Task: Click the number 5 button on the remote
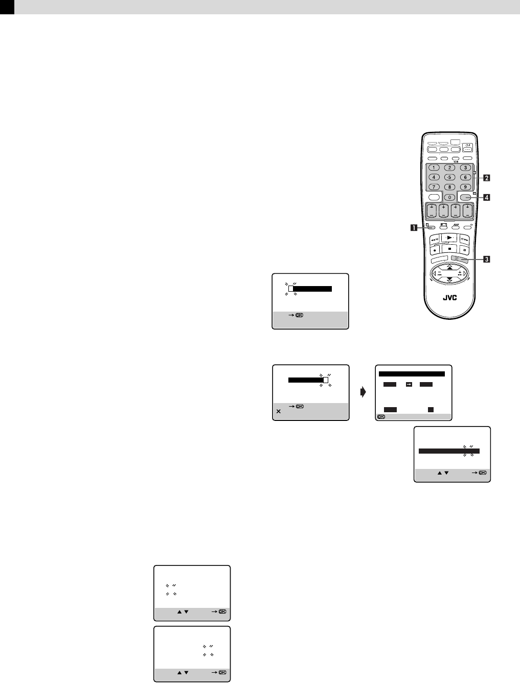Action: (x=449, y=177)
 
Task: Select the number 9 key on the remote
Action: (x=465, y=187)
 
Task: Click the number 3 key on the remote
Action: (x=465, y=168)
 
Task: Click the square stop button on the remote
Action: (x=449, y=250)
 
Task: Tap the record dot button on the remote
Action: (x=434, y=250)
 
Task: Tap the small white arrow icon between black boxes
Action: (x=409, y=385)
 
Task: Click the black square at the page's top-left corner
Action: (x=7, y=7)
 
